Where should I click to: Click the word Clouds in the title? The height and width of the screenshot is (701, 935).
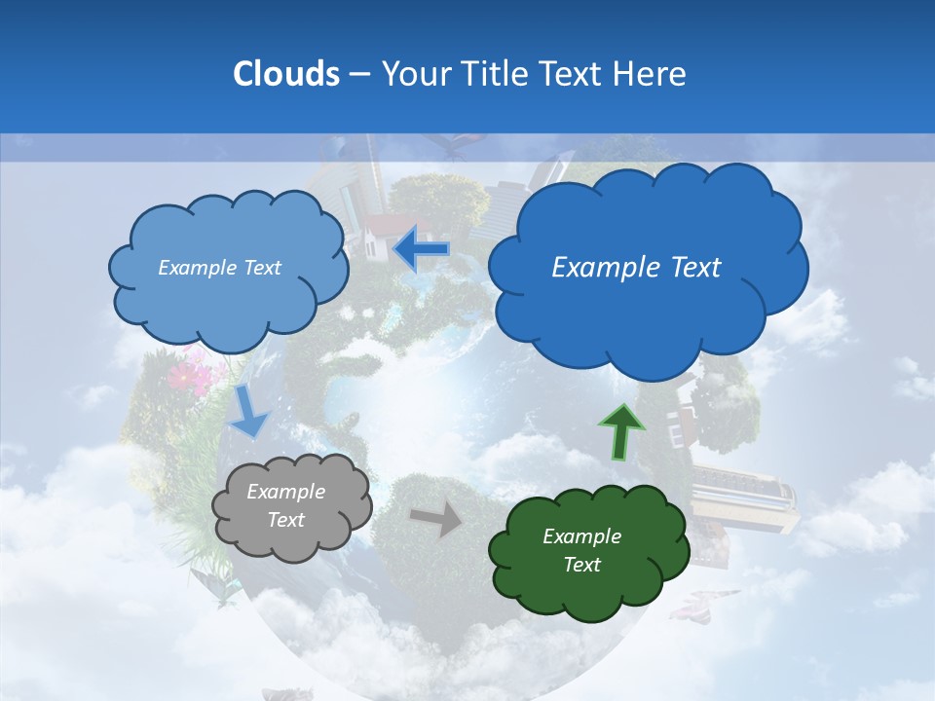pos(285,74)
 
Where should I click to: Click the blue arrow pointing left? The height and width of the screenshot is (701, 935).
pos(422,249)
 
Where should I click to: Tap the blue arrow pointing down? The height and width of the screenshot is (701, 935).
pos(249,412)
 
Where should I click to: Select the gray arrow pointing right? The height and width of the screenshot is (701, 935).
pos(437,520)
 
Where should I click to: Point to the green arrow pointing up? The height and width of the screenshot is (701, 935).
pos(620,431)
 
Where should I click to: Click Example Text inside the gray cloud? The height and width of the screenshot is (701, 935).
pos(285,506)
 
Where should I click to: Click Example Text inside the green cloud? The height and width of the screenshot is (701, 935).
pos(581,550)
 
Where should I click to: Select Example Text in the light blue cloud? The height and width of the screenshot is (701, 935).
pos(219,268)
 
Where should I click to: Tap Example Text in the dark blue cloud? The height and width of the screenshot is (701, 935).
pos(636,268)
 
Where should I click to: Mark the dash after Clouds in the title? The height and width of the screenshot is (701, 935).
pos(358,74)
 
